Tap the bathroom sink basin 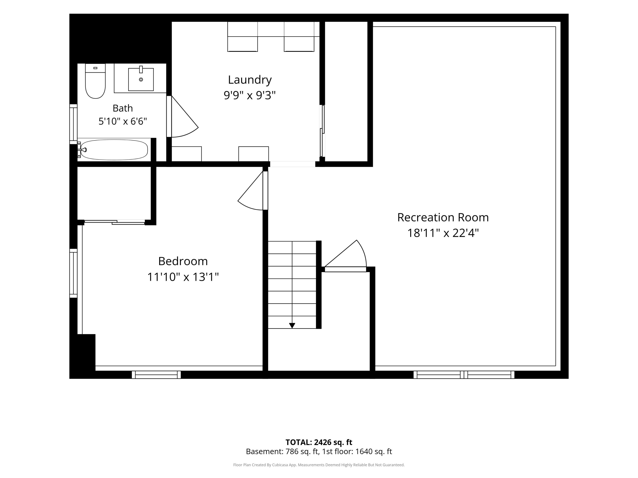point(141,79)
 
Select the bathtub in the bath point(114,150)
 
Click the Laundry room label point(250,80)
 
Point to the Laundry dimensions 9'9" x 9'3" point(250,95)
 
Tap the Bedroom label point(183,262)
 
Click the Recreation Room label point(443,218)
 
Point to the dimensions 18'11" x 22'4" point(443,233)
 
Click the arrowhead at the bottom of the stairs point(292,326)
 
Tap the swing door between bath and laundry point(182,116)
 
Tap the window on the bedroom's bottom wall point(156,375)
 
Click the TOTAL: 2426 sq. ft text point(319,442)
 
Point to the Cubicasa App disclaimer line point(319,465)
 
